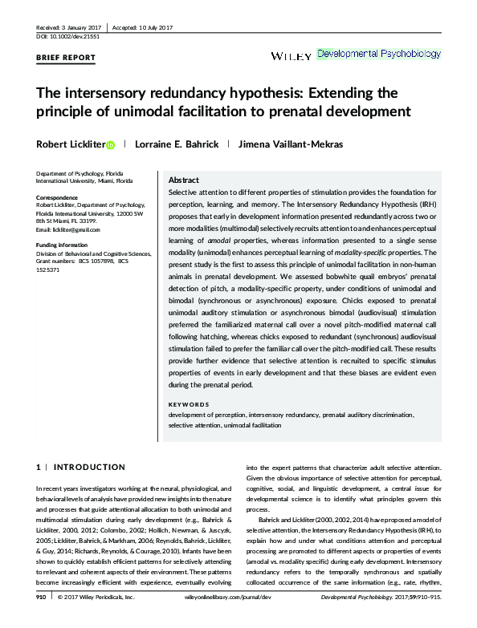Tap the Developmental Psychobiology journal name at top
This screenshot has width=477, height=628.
379,55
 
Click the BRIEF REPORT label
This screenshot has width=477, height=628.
66,58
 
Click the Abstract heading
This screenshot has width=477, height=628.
184,180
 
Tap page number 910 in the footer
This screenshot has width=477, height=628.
41,621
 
